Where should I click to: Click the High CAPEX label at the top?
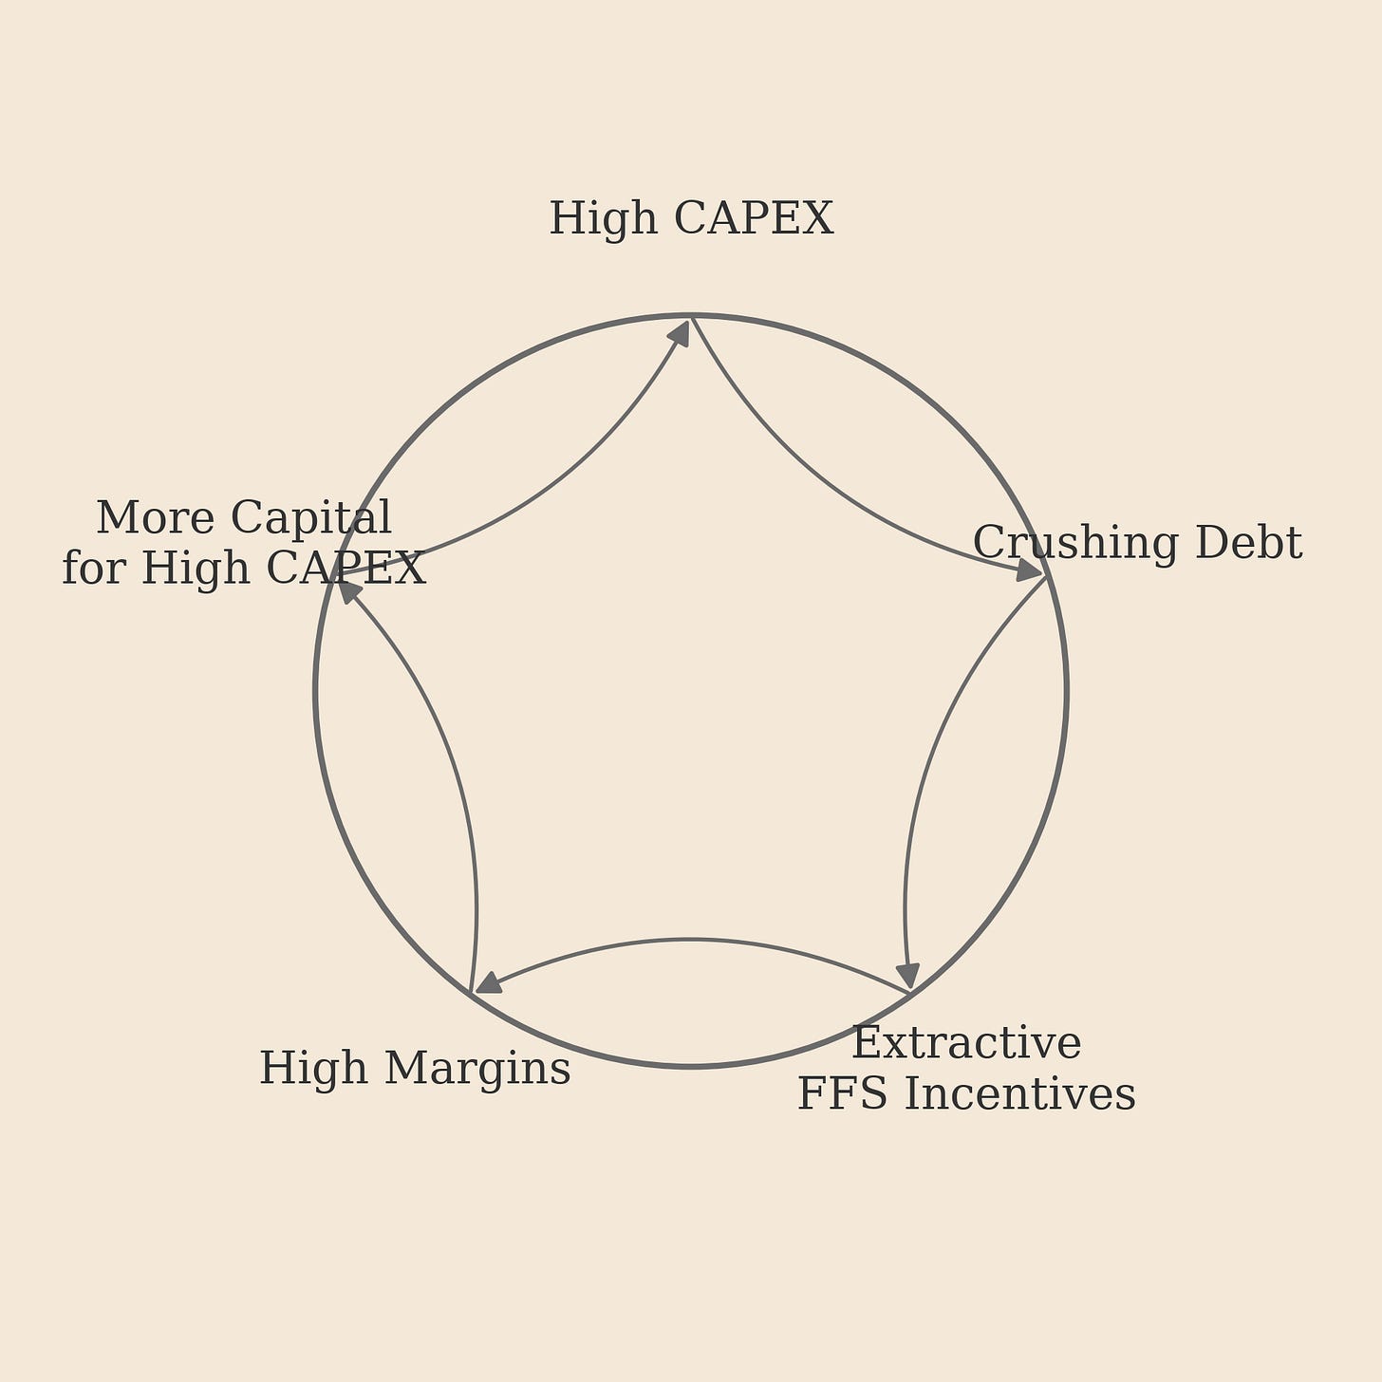tap(691, 219)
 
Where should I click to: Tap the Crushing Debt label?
tap(1137, 544)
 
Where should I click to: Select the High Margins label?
tap(415, 1069)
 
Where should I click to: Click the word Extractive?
tap(966, 1044)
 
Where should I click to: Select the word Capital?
tap(310, 519)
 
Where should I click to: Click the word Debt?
tap(1248, 544)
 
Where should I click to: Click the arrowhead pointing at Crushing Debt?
tap(1029, 570)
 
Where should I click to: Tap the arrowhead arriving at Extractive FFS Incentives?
tap(908, 976)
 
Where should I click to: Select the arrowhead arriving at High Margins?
tap(488, 982)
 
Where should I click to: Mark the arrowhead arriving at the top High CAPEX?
tap(679, 333)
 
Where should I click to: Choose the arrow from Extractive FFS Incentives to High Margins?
tap(691, 940)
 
